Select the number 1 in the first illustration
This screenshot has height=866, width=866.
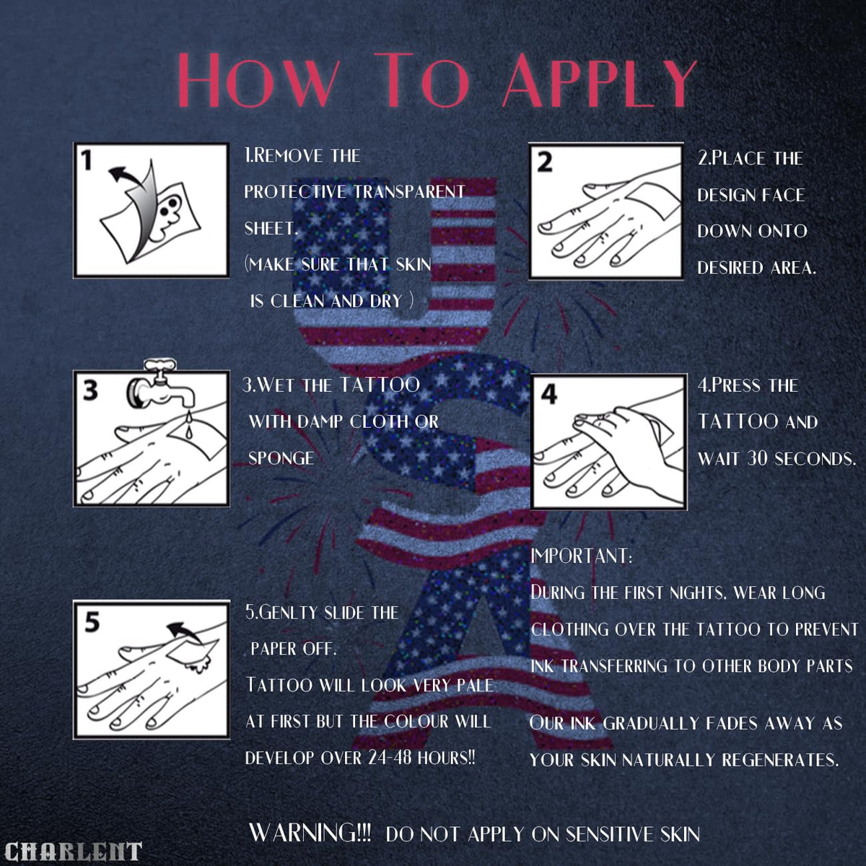87,160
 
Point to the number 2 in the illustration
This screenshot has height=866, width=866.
544,162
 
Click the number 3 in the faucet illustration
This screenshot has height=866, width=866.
90,390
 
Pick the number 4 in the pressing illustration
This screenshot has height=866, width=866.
549,394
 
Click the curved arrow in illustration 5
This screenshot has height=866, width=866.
184,631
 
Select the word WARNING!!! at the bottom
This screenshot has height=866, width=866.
310,833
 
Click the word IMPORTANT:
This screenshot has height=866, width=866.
582,556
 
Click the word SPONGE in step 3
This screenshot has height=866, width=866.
281,458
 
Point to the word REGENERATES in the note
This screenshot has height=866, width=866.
780,760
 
